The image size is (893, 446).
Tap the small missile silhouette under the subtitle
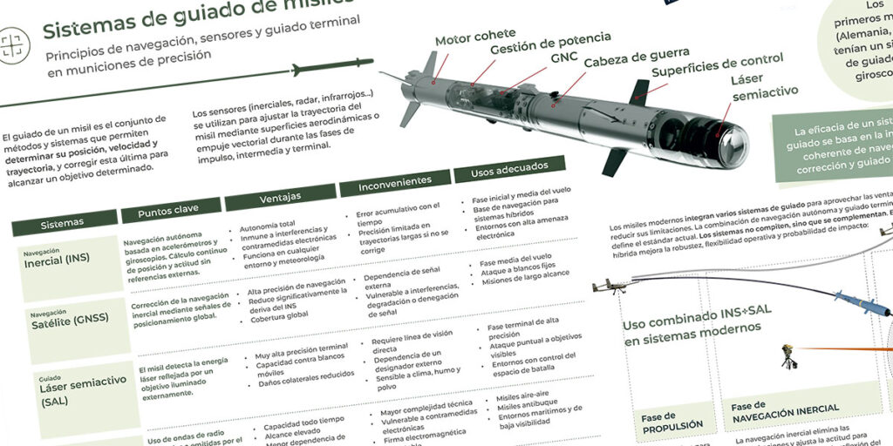pos(331,66)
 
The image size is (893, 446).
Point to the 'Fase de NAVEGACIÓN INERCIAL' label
pos(785,408)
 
